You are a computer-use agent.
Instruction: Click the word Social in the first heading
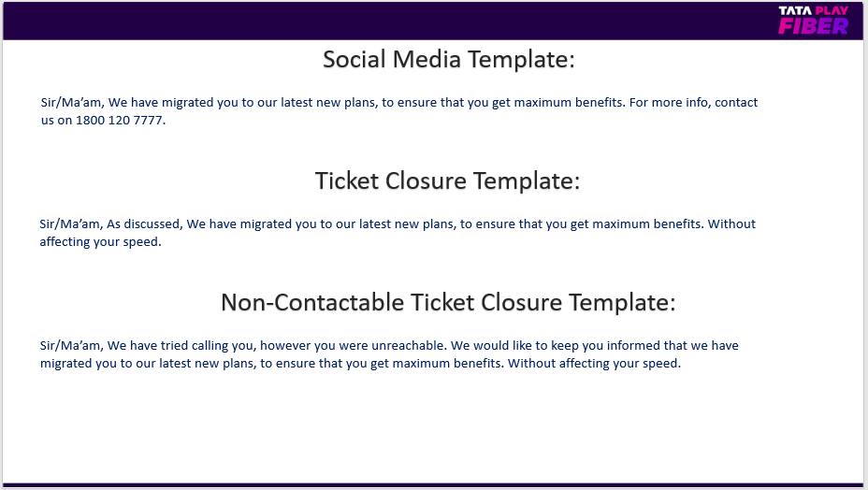pyautogui.click(x=354, y=59)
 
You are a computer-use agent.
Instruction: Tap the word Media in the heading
pyautogui.click(x=427, y=59)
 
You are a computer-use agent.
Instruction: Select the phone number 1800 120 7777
pyautogui.click(x=119, y=120)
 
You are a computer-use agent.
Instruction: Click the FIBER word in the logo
pyautogui.click(x=813, y=26)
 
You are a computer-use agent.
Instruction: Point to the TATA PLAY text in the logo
pyautogui.click(x=813, y=10)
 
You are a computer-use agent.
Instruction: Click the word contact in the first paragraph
pyautogui.click(x=736, y=103)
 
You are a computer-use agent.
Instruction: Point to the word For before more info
pyautogui.click(x=638, y=103)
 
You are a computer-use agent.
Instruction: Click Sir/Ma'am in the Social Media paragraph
pyautogui.click(x=71, y=103)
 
